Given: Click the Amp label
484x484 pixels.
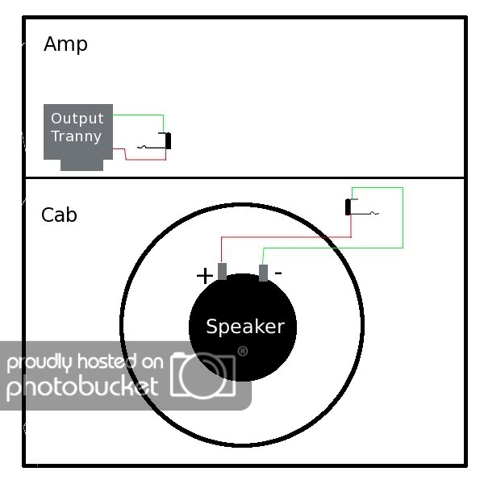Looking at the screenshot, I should pos(65,44).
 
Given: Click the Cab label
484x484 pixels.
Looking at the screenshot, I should pos(59,215).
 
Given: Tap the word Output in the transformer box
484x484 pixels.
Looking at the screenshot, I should pos(77,119).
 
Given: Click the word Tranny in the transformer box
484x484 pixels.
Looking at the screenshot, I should pos(77,136).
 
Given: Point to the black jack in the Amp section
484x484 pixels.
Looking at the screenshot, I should pos(168,141).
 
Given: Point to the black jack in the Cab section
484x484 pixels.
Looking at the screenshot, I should pos(348,207).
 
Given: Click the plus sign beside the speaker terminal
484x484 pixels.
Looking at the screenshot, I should pos(205,276).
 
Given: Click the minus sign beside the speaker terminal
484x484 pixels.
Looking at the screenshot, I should pos(278,273).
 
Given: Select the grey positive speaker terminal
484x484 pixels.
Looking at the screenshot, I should pos(222,272).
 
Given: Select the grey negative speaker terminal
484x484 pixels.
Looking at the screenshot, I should pos(263,273).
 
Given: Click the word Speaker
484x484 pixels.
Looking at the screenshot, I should pos(244,327).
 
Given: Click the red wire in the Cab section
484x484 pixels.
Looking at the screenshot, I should pos(282,237).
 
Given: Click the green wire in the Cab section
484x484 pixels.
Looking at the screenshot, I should pos(402,218).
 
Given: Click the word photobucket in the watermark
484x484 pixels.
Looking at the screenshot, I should pos(81,387).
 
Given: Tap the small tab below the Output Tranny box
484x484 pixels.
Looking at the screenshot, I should pos(82,165).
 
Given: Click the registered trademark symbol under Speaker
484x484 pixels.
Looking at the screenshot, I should pos(242,351).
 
